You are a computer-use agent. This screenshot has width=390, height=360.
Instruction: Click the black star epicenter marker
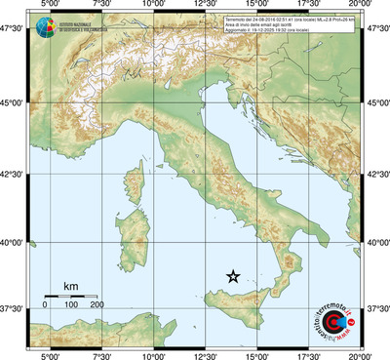(x=233, y=277)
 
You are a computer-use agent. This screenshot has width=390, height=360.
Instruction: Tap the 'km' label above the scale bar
(x=70, y=286)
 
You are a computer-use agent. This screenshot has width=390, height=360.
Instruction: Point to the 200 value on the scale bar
(x=97, y=305)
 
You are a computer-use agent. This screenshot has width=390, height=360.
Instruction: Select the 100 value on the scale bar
(x=71, y=305)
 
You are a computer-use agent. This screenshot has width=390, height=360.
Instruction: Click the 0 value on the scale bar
(x=45, y=305)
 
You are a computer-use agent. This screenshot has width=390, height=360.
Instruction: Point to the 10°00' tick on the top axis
(x=152, y=6)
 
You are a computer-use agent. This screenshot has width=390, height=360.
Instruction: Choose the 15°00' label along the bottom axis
(x=257, y=354)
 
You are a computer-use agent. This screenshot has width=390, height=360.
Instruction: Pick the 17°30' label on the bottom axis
(x=310, y=354)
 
